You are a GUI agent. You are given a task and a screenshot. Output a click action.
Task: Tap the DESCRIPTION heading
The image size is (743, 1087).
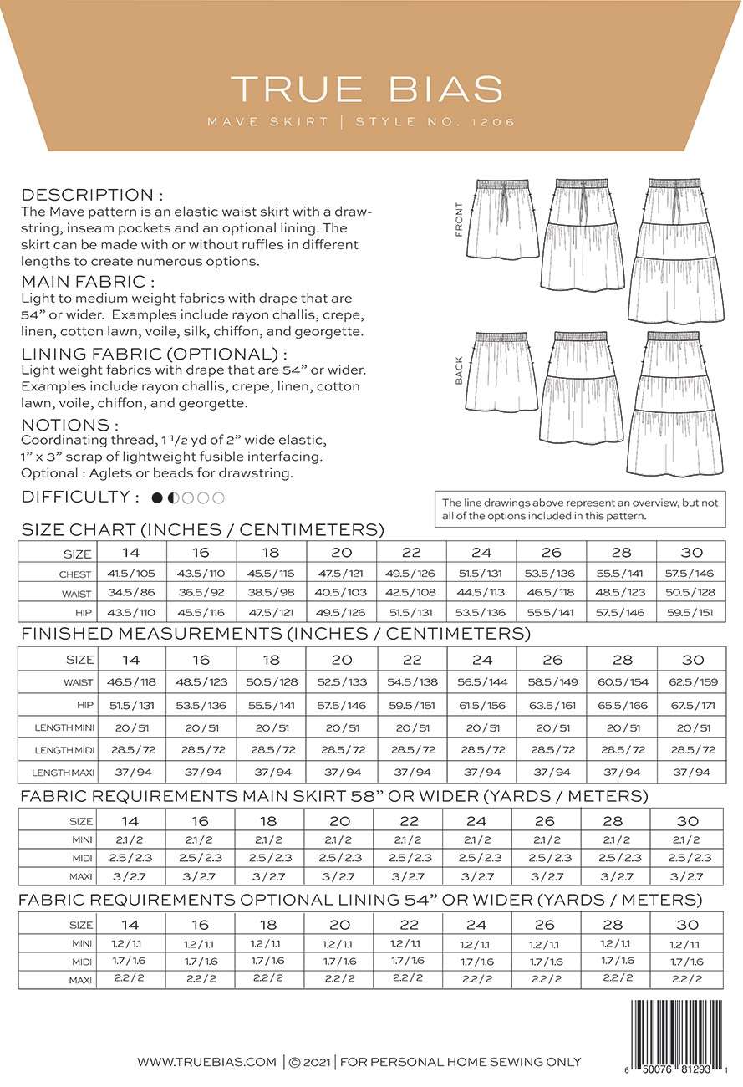point(87,194)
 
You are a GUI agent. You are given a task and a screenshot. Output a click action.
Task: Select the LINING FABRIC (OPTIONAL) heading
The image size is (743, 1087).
point(154,354)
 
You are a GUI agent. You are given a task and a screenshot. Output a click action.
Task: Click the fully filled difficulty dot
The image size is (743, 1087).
point(157,498)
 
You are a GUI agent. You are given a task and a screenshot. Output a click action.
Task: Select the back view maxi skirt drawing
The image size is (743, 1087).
point(675,404)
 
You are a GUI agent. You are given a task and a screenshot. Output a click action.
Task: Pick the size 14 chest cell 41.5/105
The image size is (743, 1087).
point(131,574)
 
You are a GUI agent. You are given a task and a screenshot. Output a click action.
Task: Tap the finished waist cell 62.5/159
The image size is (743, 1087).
point(691,682)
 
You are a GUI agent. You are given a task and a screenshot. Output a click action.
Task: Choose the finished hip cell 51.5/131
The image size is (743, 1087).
point(131,705)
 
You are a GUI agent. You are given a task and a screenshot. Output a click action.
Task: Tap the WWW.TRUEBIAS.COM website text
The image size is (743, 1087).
point(206,1063)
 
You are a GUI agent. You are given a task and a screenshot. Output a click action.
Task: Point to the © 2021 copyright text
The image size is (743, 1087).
point(309,1063)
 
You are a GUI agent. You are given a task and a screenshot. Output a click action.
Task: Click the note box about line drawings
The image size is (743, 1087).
point(580,509)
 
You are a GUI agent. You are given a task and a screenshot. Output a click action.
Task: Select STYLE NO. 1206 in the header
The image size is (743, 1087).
point(435,122)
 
